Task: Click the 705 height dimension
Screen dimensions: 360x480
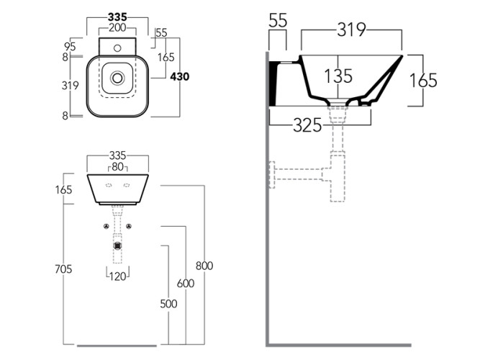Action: click(x=63, y=269)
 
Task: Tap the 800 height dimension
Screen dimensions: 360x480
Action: click(x=204, y=266)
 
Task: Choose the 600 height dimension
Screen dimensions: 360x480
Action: click(x=186, y=284)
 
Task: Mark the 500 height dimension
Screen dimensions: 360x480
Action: click(x=168, y=303)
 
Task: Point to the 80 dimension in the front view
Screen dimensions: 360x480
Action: click(x=118, y=168)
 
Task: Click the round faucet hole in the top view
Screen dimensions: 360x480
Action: click(x=116, y=49)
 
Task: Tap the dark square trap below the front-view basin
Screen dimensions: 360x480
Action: click(x=117, y=246)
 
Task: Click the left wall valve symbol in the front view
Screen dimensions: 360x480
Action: click(x=106, y=228)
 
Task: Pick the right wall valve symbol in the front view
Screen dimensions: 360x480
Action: click(x=130, y=228)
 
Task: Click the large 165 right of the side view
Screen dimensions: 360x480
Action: click(x=423, y=80)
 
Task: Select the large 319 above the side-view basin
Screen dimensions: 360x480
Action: click(x=350, y=29)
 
